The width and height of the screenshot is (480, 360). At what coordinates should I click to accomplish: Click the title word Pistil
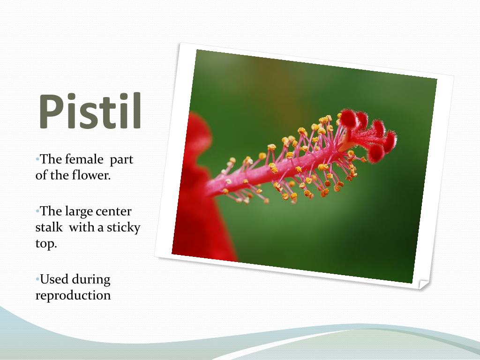click(90, 112)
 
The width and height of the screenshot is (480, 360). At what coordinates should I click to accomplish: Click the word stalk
click(49, 228)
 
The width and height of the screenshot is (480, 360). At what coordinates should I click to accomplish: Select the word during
click(91, 279)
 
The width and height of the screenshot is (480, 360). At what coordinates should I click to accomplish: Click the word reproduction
click(73, 296)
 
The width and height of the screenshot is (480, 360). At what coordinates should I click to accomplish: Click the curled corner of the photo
click(423, 284)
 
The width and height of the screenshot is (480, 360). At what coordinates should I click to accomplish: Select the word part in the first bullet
click(122, 160)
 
